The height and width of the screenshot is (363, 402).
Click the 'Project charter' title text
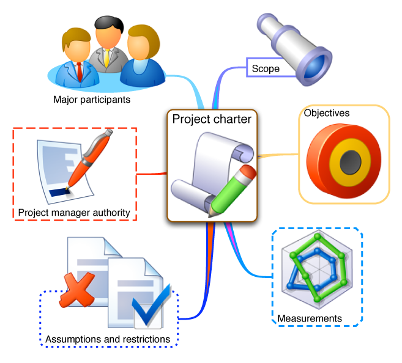click(x=212, y=119)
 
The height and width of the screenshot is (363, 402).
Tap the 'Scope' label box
click(x=266, y=68)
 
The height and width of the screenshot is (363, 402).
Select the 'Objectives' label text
click(x=327, y=113)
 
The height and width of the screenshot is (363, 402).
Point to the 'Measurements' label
click(x=310, y=318)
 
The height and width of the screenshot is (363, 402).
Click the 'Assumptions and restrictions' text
click(x=108, y=339)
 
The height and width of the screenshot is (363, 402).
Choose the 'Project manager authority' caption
click(x=74, y=213)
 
